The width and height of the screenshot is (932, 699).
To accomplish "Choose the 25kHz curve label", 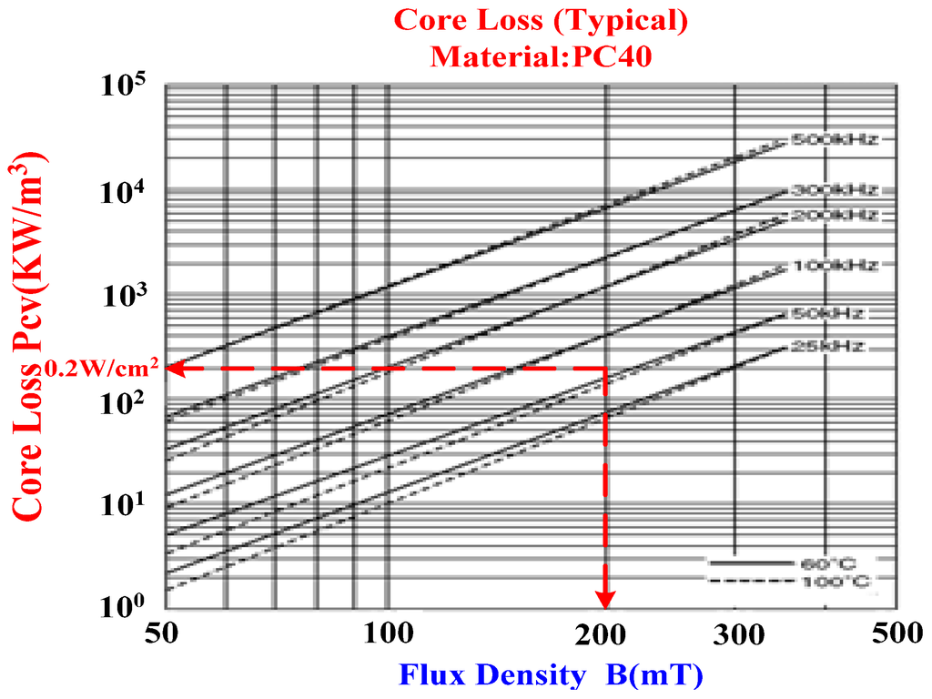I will coord(824,347).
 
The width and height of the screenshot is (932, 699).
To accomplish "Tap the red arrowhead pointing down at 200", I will coord(605,600).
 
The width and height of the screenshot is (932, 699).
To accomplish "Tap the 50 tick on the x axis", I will coord(165,634).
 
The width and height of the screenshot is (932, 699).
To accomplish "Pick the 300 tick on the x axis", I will coord(734,634).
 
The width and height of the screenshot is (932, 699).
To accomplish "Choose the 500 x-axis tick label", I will coord(897,634).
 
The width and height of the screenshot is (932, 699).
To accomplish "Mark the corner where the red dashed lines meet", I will coord(605,369).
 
